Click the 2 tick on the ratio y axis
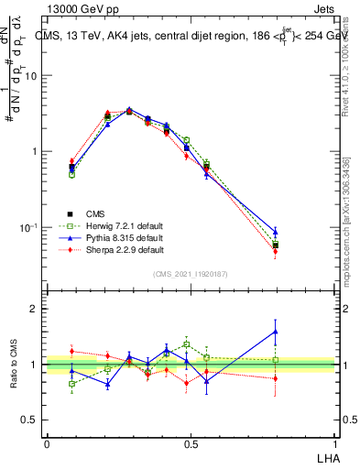point(38,310)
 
